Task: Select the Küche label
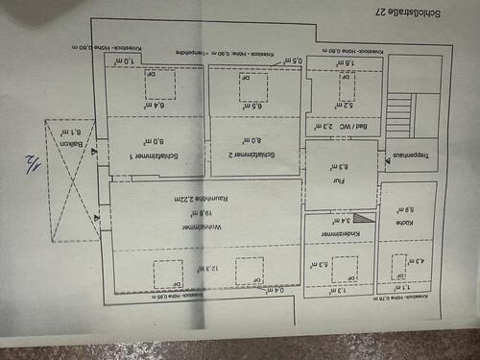click(404, 222)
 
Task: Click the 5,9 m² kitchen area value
click(404, 210)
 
